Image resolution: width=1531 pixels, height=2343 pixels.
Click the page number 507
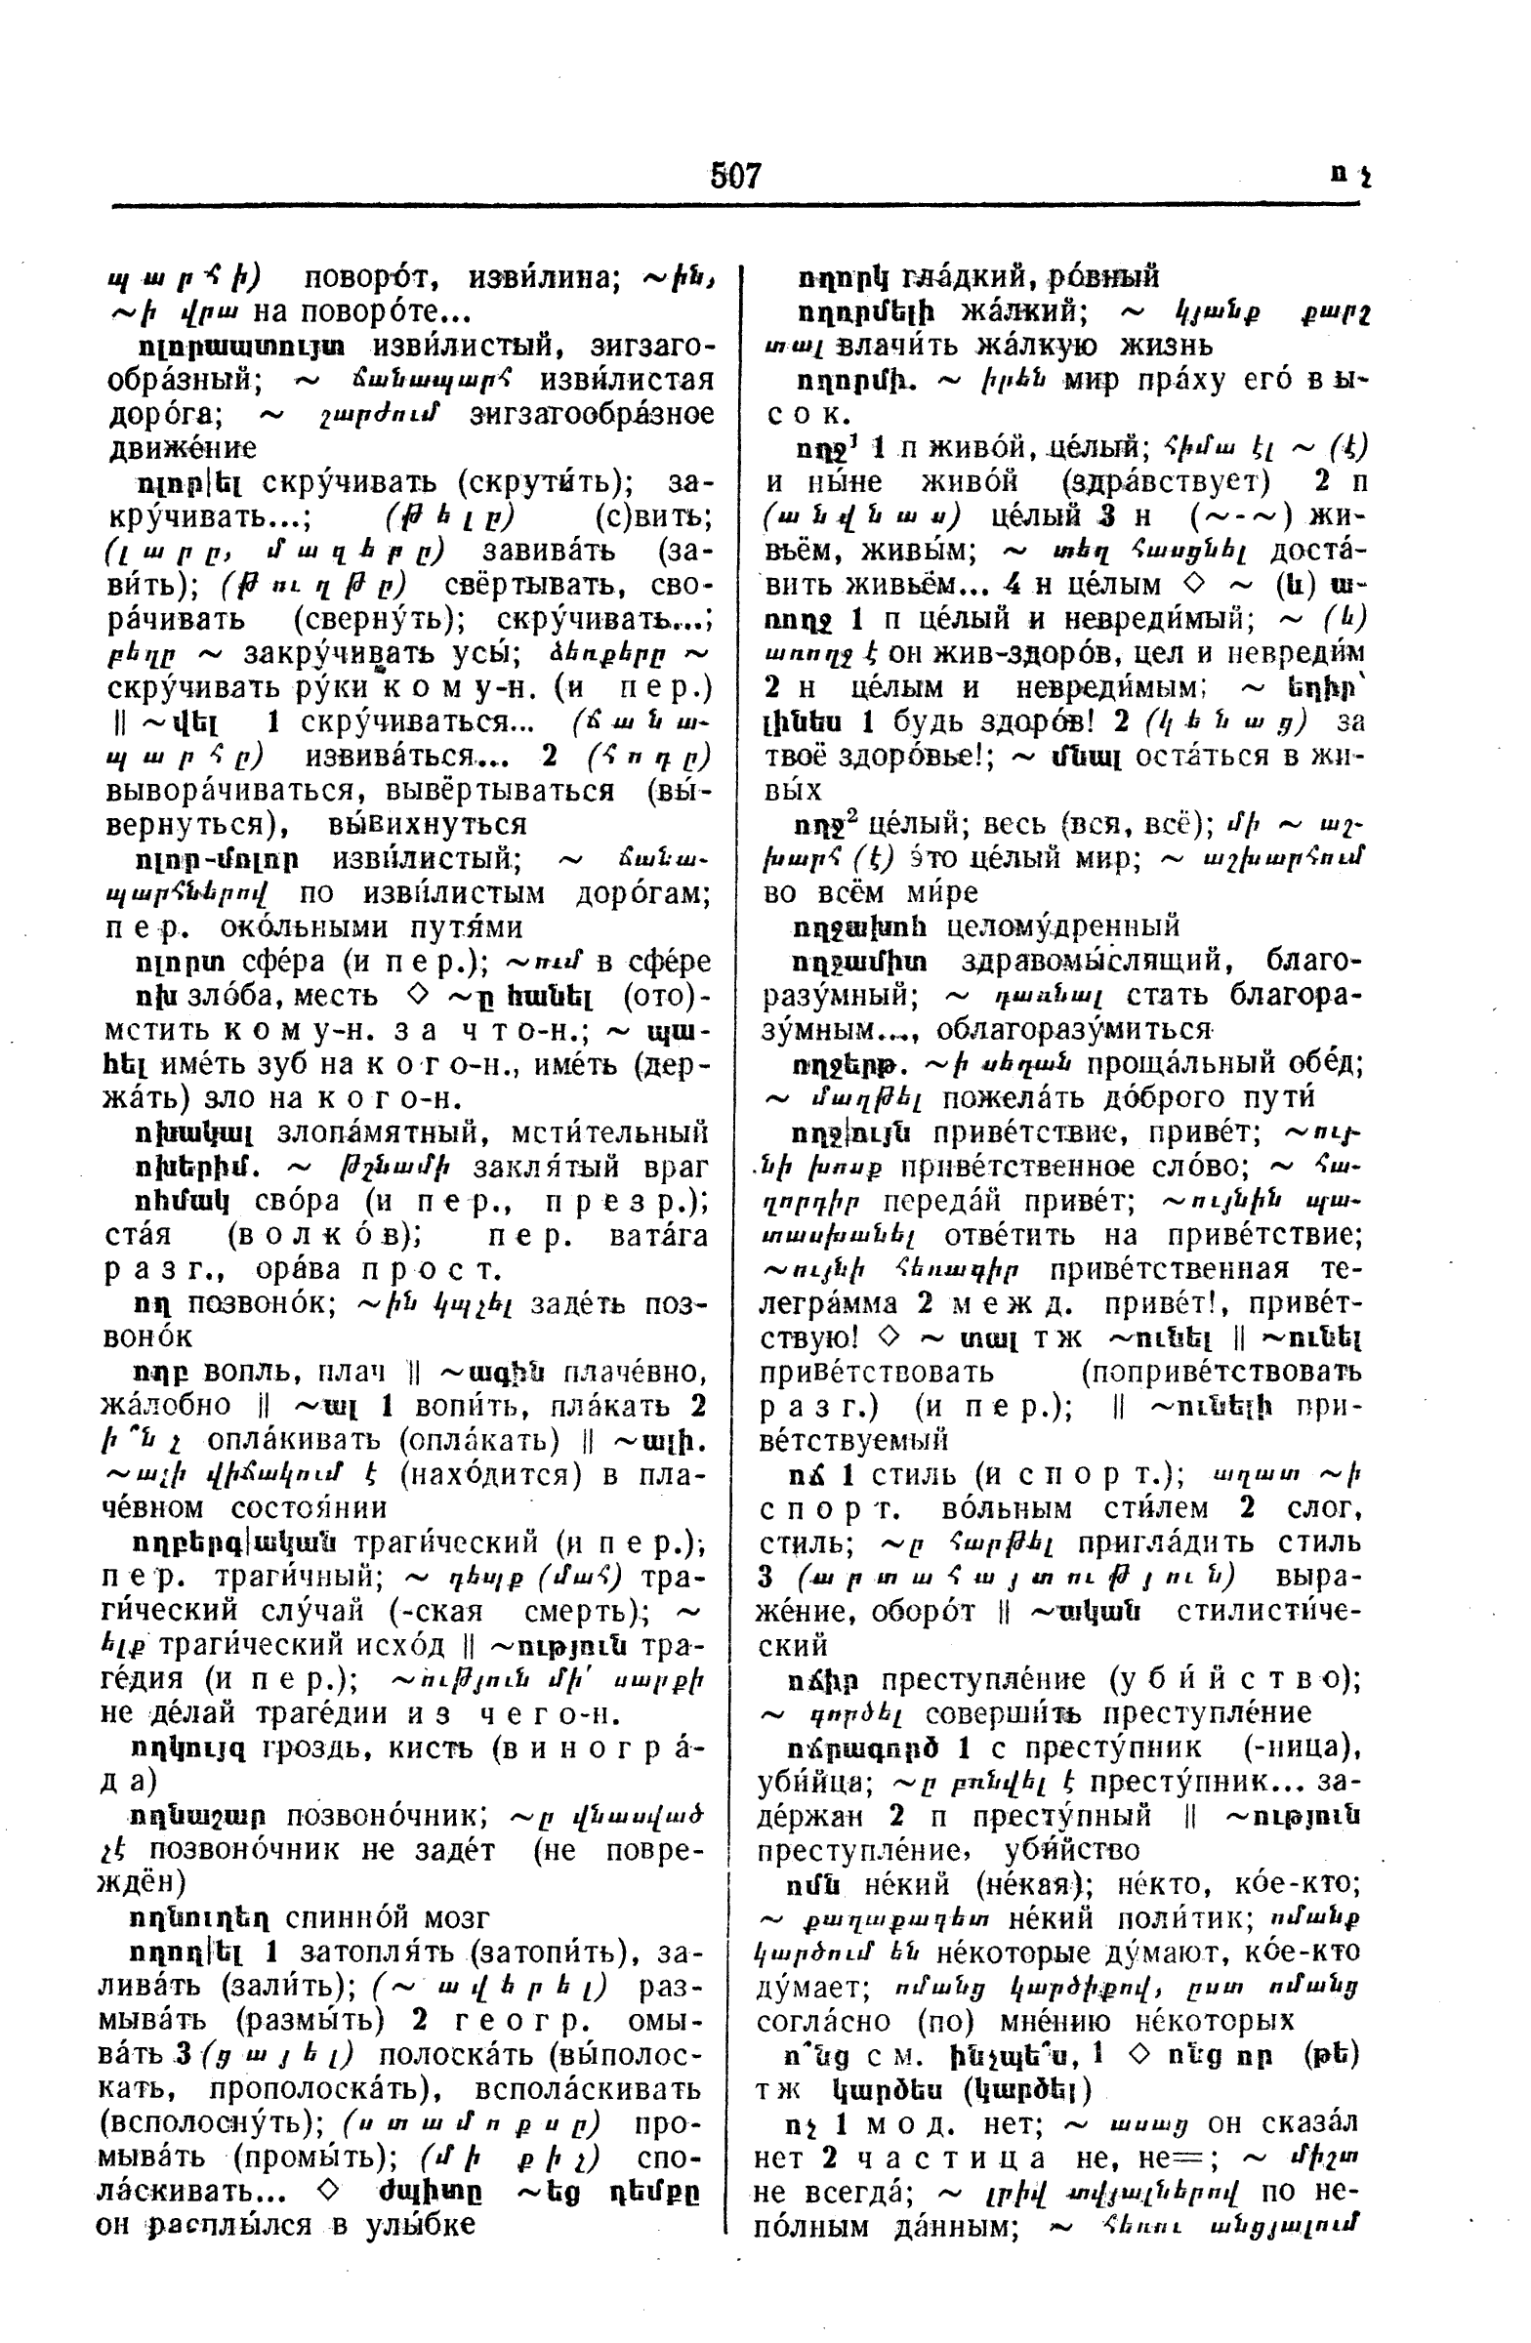[x=735, y=177]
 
